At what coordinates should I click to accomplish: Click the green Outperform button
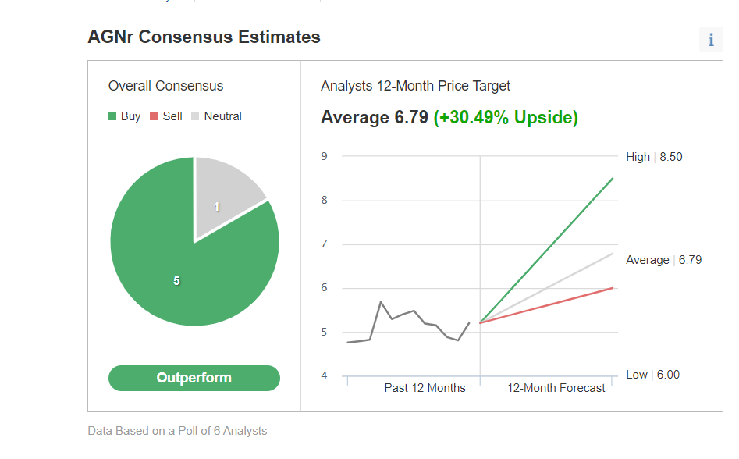(x=194, y=378)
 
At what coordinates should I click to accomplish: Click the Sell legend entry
(x=166, y=116)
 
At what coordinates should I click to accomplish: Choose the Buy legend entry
(x=125, y=116)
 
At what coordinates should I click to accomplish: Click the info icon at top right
(x=710, y=40)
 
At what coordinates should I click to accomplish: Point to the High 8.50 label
(x=654, y=157)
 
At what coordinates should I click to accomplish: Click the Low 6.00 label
(x=652, y=375)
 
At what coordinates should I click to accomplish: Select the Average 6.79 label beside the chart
(x=663, y=260)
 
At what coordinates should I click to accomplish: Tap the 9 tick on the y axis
(x=324, y=156)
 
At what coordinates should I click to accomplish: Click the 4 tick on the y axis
(x=324, y=376)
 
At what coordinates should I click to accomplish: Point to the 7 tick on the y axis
(x=324, y=244)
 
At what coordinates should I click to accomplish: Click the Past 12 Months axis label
(x=425, y=388)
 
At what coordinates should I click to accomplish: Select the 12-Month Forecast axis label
(x=556, y=388)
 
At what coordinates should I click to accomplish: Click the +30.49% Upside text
(x=506, y=118)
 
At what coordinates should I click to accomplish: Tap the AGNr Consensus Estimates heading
(x=204, y=37)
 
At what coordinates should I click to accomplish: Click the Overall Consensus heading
(x=165, y=86)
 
